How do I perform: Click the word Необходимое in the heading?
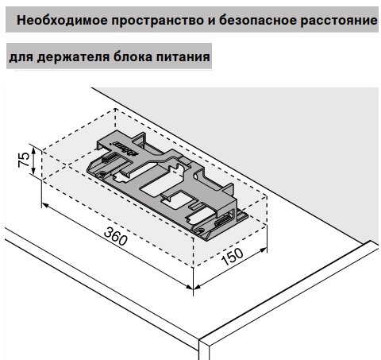pyautogui.click(x=62, y=20)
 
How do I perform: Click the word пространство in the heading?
pyautogui.click(x=158, y=21)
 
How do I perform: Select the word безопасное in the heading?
pyautogui.click(x=257, y=21)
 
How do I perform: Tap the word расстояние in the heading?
pyautogui.click(x=339, y=21)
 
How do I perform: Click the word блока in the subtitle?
pyautogui.click(x=133, y=56)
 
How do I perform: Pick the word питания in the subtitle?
pyautogui.click(x=183, y=57)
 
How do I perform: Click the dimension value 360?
pyautogui.click(x=116, y=236)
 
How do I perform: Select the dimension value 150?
pyautogui.click(x=232, y=257)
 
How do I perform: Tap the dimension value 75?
pyautogui.click(x=24, y=160)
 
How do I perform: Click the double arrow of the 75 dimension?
pyautogui.click(x=33, y=161)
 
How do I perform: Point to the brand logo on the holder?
pyautogui.click(x=125, y=149)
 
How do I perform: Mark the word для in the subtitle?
pyautogui.click(x=21, y=58)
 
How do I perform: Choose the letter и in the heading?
pyautogui.click(x=211, y=21)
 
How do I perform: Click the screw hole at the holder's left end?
pyautogui.click(x=102, y=174)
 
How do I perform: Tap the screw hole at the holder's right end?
pyautogui.click(x=199, y=230)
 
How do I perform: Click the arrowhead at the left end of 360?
pyautogui.click(x=45, y=206)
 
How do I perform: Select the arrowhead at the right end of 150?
pyautogui.click(x=264, y=250)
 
